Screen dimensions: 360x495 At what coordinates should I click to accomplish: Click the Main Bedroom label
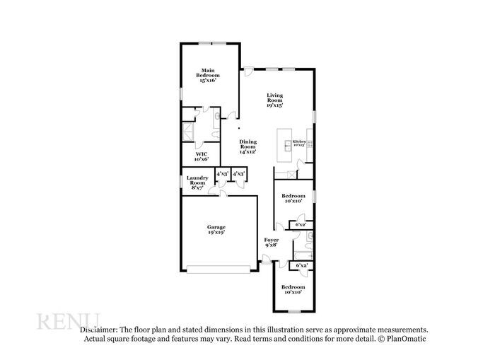[x=208, y=75]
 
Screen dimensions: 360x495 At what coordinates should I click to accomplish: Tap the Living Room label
[x=275, y=100]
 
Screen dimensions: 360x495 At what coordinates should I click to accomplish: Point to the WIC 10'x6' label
[x=202, y=156]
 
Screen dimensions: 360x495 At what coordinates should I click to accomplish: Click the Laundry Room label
[x=197, y=182]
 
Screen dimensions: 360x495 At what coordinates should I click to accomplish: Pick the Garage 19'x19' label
[x=216, y=229]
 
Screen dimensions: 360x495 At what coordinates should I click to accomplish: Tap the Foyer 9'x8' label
[x=272, y=243]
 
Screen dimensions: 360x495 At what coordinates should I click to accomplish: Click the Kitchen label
[x=300, y=142]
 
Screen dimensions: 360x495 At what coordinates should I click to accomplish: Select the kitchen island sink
[x=288, y=146]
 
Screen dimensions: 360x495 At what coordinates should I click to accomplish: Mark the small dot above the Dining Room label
[x=239, y=128]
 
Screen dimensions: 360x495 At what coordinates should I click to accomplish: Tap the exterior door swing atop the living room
[x=248, y=71]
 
